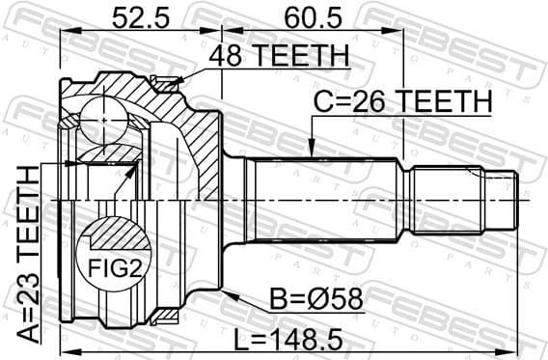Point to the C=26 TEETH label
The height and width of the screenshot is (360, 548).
[x=402, y=101]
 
